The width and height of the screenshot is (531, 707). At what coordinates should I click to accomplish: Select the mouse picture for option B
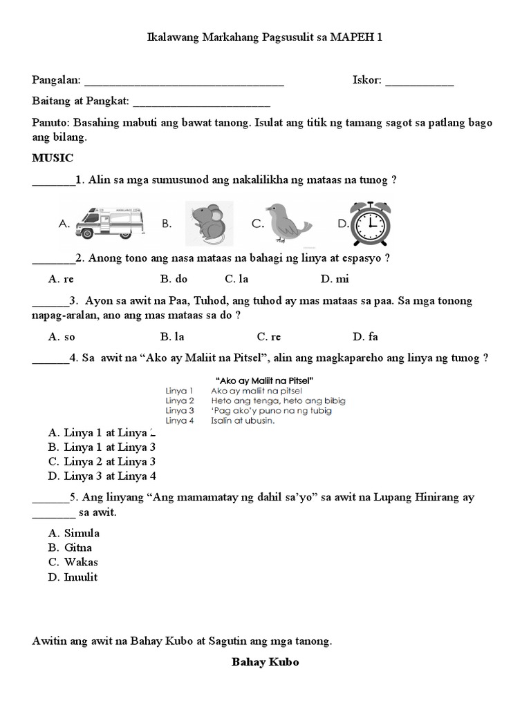209,223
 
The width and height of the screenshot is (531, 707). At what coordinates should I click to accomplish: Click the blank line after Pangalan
184,81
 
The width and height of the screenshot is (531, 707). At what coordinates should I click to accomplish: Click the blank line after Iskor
419,81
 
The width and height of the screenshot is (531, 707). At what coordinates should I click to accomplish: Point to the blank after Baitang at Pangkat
201,102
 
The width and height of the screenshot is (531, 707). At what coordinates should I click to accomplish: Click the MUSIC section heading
53,157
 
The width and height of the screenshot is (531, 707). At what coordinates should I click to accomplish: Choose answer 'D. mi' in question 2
335,280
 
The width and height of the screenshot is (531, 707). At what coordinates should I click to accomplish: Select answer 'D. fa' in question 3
365,337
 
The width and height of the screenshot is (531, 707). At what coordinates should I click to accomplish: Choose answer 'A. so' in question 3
62,337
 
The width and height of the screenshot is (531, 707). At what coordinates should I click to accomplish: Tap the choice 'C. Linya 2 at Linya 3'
102,461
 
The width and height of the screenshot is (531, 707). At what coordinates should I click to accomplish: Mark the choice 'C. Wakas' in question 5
73,562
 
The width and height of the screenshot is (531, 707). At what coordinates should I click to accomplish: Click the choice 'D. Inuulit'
73,577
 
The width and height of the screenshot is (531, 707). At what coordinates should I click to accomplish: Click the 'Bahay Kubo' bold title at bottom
265,662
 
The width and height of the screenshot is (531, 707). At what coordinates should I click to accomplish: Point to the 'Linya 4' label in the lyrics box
180,420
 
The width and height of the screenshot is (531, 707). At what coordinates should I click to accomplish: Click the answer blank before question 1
53,181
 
